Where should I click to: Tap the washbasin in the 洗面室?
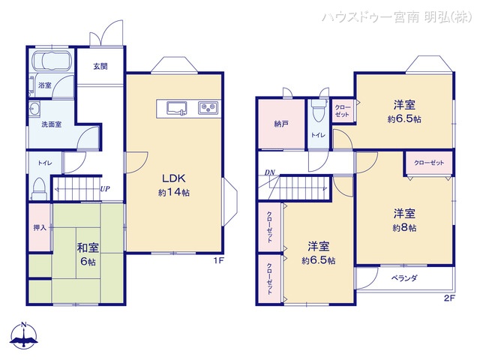click(x=35, y=109)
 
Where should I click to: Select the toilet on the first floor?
click(x=40, y=186)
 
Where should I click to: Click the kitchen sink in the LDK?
click(x=177, y=108)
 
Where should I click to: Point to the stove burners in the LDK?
click(x=208, y=108)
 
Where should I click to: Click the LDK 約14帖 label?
click(x=173, y=185)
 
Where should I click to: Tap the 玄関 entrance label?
click(x=100, y=66)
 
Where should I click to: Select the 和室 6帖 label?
click(x=88, y=253)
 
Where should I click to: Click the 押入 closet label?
click(x=40, y=227)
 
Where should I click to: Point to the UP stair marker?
click(x=106, y=189)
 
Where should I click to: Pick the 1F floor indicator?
click(x=217, y=260)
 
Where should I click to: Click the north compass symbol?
click(x=24, y=337)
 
